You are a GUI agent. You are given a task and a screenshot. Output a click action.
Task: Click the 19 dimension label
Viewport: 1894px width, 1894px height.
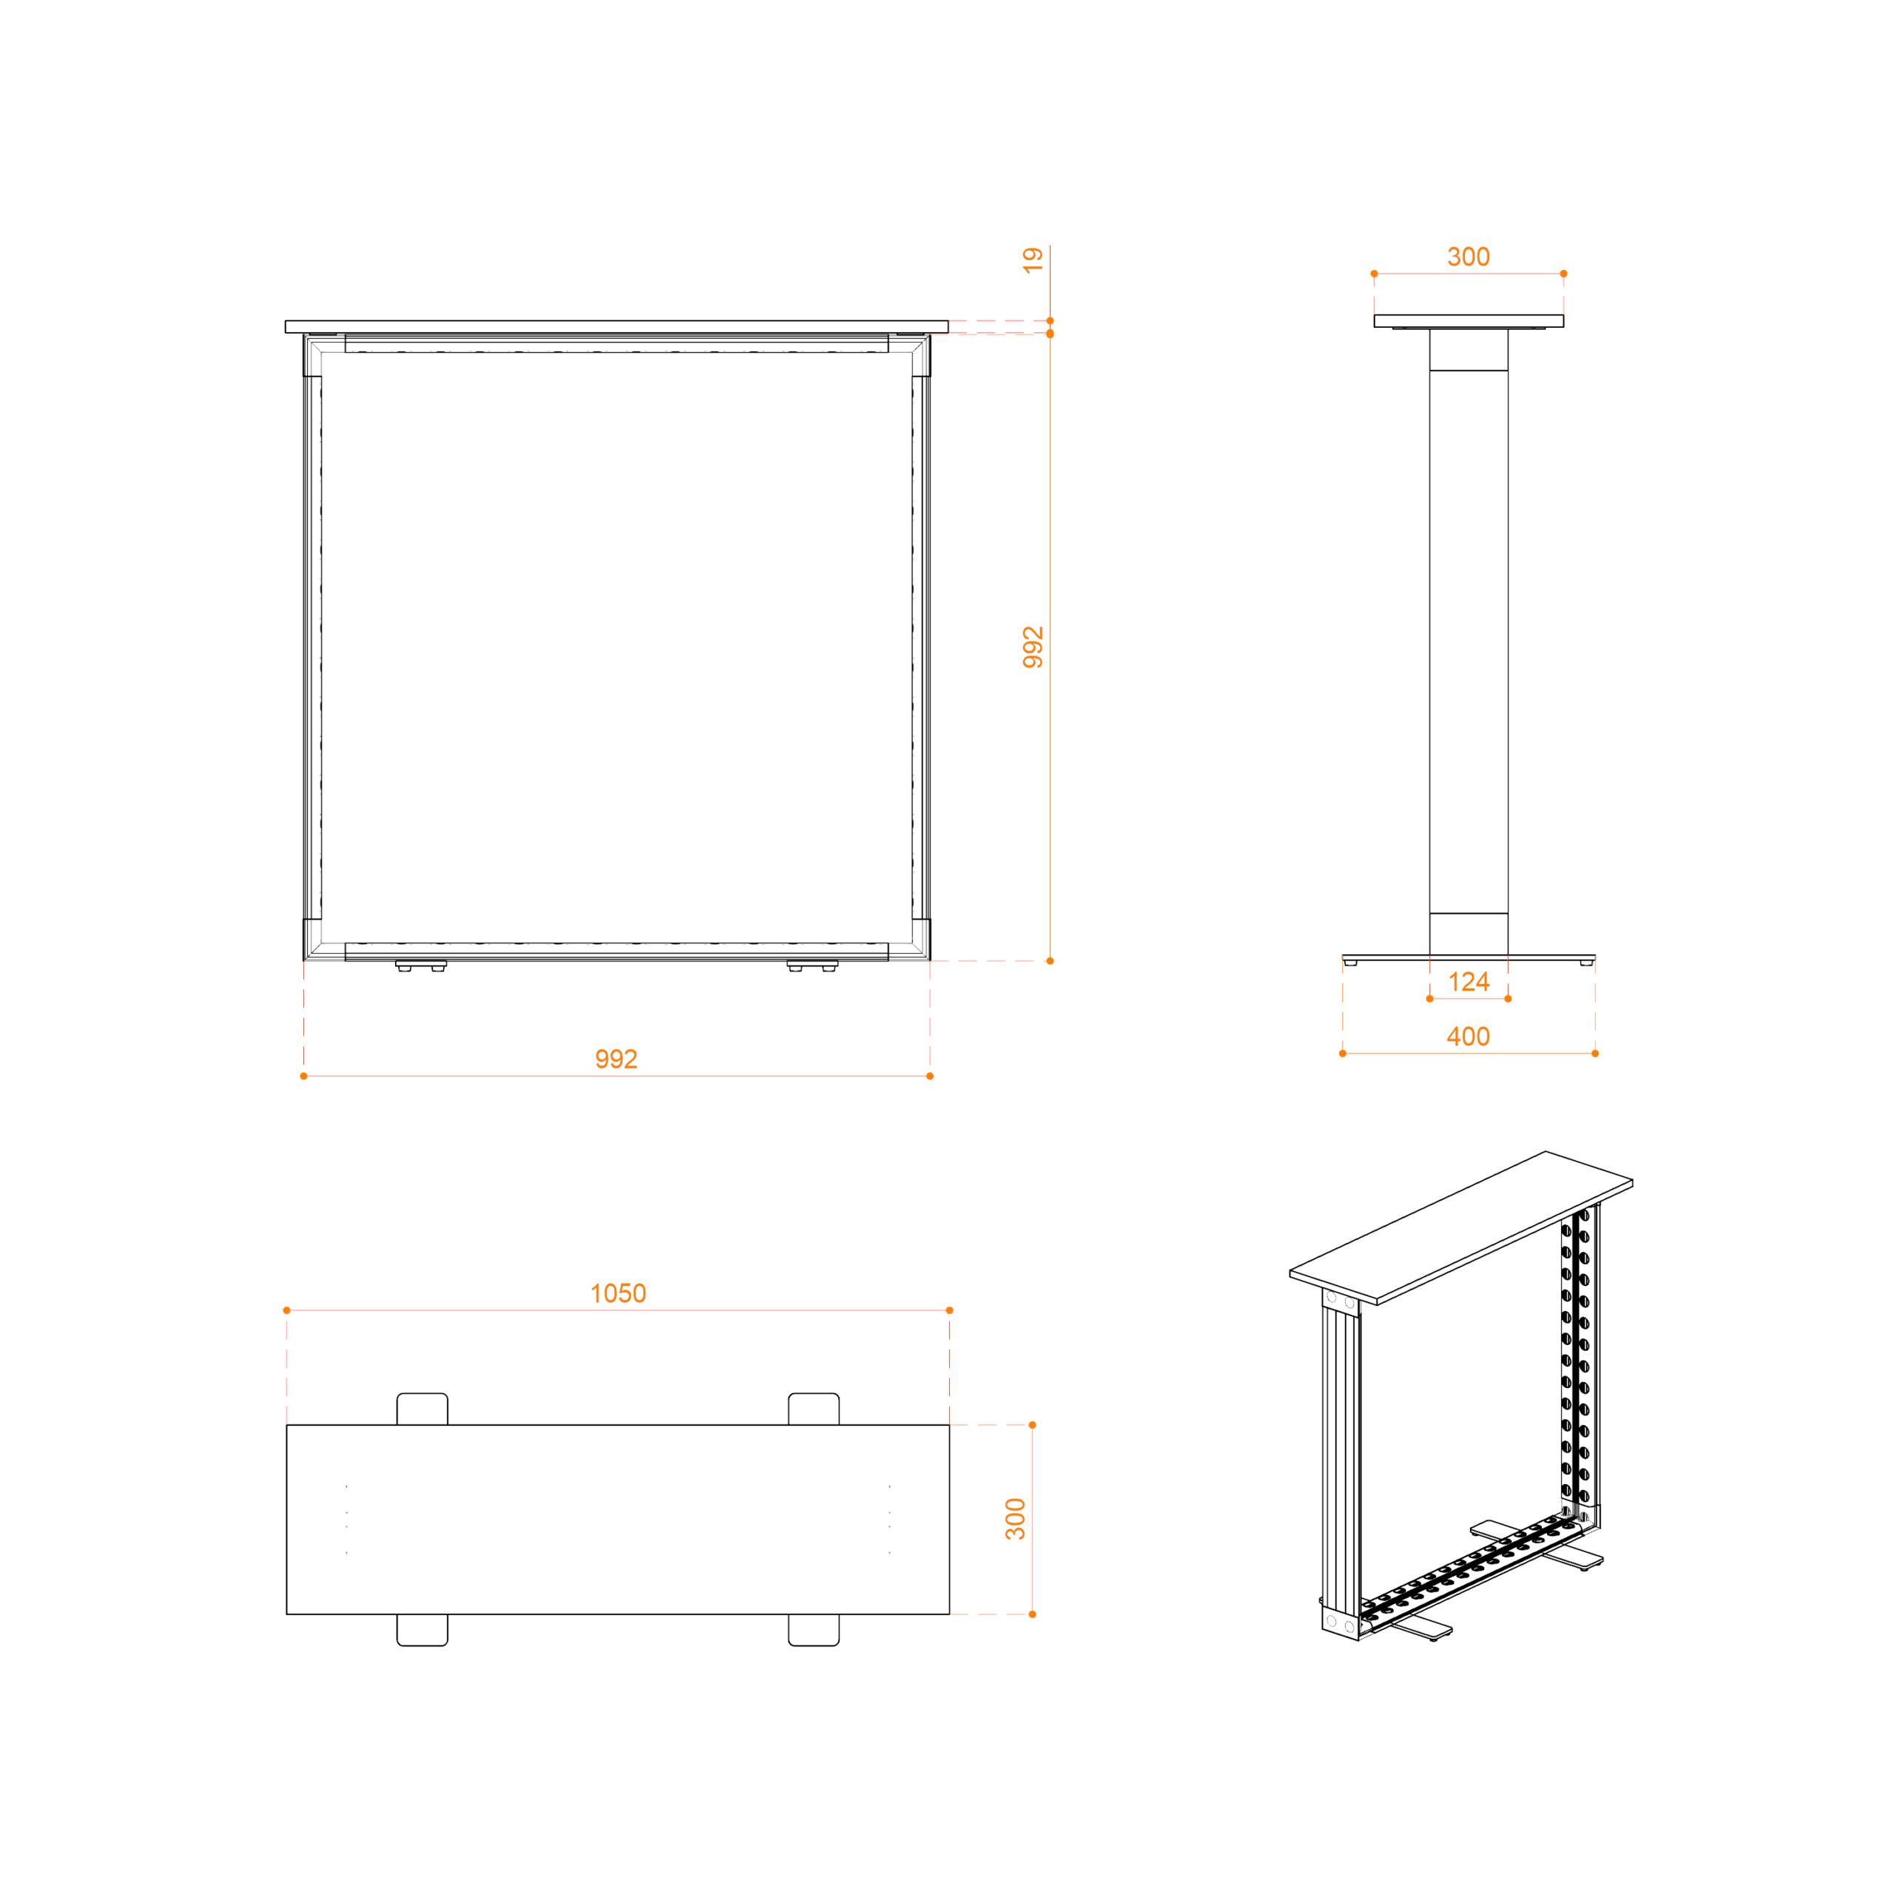(x=1032, y=260)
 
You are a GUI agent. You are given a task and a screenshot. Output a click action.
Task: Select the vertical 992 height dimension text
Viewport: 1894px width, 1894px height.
(x=1032, y=647)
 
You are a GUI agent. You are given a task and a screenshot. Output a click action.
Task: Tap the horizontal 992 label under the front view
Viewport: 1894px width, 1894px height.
(x=616, y=1059)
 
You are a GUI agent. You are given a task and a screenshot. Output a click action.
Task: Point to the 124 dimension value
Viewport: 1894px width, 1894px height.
(x=1469, y=981)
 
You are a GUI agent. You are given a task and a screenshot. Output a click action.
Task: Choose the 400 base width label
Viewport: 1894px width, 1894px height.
(x=1469, y=1037)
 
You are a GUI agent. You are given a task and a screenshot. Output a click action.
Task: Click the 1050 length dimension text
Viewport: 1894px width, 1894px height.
(x=618, y=1293)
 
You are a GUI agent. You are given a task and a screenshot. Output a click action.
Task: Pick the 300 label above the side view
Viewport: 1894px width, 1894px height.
(x=1469, y=257)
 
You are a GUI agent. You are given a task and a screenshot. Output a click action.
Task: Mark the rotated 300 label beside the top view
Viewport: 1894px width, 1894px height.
(x=1016, y=1519)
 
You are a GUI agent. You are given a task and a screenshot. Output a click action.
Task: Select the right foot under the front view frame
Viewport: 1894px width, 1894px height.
(x=812, y=965)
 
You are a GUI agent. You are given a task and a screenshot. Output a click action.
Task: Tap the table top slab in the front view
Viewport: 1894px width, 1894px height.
(x=616, y=326)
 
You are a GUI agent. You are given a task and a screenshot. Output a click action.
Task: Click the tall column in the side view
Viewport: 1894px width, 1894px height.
(x=1469, y=641)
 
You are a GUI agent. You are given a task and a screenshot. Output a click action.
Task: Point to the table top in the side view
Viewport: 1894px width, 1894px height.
(x=1469, y=320)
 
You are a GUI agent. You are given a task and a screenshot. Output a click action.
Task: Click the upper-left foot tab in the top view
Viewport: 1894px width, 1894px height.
(x=422, y=1409)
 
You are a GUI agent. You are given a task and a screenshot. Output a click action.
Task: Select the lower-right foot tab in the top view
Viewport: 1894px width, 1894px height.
(x=814, y=1631)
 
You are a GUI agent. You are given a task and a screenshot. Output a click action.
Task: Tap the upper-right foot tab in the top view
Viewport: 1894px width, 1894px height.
(x=814, y=1409)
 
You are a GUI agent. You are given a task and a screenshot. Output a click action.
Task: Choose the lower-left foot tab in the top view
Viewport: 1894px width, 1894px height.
(x=422, y=1631)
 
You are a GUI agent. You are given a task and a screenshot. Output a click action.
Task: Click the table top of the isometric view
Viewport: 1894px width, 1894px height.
(x=1460, y=1227)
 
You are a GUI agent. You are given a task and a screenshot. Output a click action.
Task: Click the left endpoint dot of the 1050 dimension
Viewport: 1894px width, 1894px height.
(x=286, y=1310)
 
